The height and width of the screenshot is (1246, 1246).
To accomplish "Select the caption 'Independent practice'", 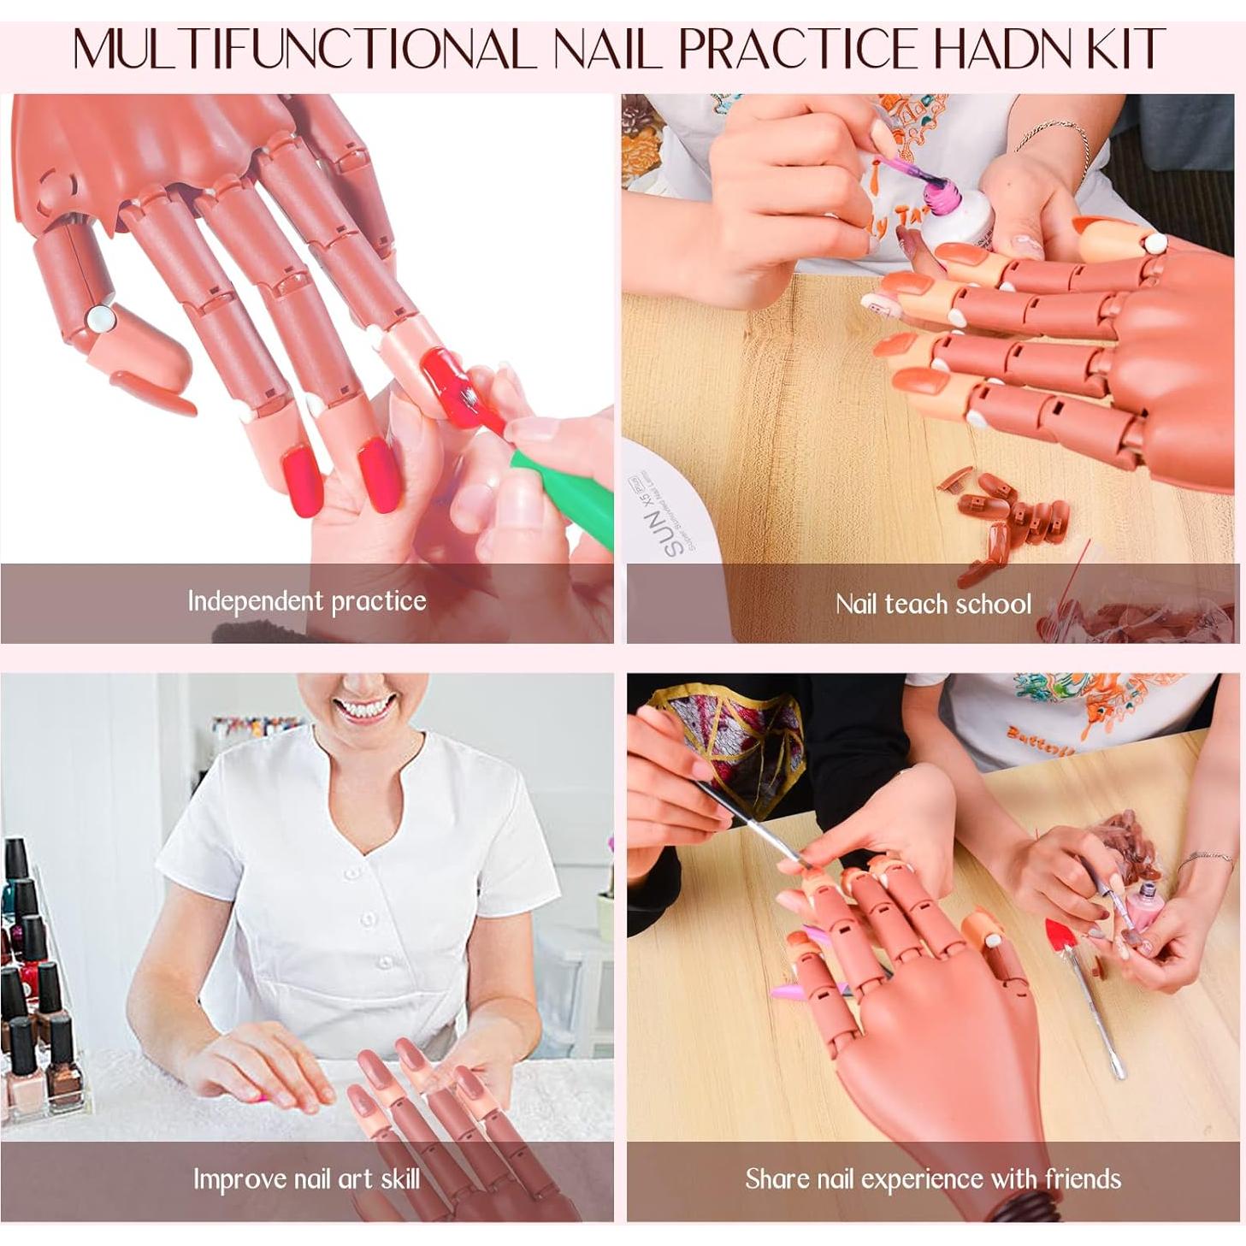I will tap(306, 601).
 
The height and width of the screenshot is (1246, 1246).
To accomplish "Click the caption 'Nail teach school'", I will tap(933, 605).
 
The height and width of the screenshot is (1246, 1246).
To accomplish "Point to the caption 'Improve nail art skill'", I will tap(306, 1179).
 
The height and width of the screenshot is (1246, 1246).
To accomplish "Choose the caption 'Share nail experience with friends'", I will tap(933, 1179).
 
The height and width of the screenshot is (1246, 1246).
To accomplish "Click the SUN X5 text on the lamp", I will tap(676, 525).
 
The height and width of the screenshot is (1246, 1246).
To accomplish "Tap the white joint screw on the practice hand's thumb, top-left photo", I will tap(101, 319).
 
